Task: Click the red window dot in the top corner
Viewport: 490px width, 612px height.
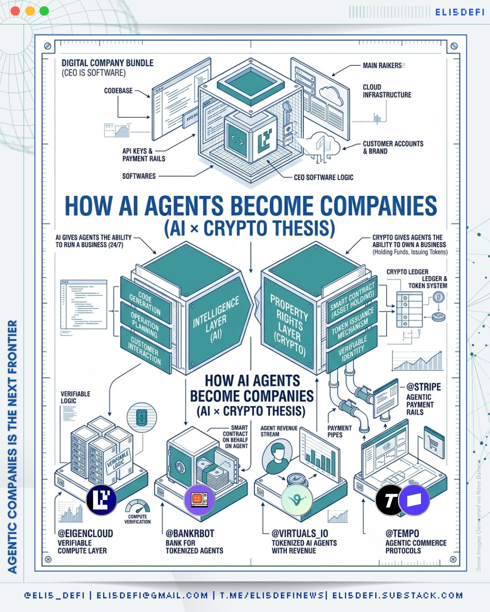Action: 15,11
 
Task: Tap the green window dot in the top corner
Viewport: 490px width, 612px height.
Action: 44,11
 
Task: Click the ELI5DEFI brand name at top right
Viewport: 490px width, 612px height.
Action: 460,12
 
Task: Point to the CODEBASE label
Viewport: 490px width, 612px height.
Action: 118,91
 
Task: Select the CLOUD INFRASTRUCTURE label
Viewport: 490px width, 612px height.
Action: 387,91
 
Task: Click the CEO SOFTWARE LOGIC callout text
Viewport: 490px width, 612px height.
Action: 323,177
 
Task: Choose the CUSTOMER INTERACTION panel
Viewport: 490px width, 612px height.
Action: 145,350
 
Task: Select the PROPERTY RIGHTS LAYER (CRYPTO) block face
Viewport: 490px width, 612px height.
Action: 289,324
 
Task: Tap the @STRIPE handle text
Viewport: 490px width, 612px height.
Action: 423,387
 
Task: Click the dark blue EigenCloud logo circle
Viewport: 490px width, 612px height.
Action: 102,500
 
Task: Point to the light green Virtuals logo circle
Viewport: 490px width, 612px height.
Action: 297,500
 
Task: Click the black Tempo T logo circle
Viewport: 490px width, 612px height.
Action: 390,500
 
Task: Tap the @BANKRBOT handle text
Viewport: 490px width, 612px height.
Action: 190,534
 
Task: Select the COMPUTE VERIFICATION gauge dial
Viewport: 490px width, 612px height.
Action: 137,507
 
